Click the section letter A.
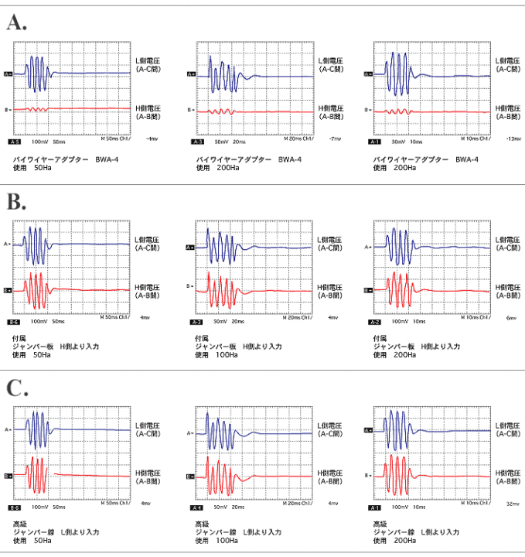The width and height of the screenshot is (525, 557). pos(16,22)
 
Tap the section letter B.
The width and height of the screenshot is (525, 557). pos(16,203)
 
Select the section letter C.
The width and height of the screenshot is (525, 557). pos(16,387)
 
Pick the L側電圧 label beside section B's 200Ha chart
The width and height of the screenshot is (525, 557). pos(506,241)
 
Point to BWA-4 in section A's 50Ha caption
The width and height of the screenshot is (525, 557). pos(107,159)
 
